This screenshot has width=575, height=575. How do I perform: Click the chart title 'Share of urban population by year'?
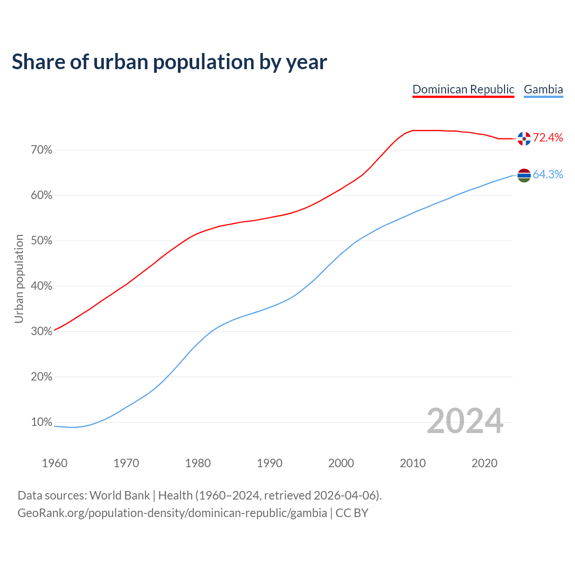169,62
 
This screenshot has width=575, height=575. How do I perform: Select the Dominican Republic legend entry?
463,89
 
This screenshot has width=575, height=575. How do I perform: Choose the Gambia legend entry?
543,89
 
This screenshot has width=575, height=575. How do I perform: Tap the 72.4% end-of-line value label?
548,138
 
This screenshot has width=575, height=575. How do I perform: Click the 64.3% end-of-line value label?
548,175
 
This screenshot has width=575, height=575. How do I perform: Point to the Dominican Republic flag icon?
524,138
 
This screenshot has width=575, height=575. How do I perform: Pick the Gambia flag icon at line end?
524,175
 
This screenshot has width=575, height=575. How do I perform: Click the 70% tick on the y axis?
42,150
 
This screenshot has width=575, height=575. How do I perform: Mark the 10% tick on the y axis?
42,422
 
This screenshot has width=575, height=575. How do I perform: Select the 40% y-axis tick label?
42,286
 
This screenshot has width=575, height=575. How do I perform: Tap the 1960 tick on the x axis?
54,463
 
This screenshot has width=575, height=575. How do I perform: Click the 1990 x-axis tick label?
270,463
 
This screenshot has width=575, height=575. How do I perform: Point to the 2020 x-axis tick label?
484,463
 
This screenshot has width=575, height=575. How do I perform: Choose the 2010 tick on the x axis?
413,463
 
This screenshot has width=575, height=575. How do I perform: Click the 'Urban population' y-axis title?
19,279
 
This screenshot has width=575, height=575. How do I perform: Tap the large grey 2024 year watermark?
465,421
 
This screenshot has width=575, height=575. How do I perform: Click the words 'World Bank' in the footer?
119,495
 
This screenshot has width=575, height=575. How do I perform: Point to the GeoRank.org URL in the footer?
172,513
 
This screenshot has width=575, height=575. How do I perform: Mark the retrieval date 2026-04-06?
344,495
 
